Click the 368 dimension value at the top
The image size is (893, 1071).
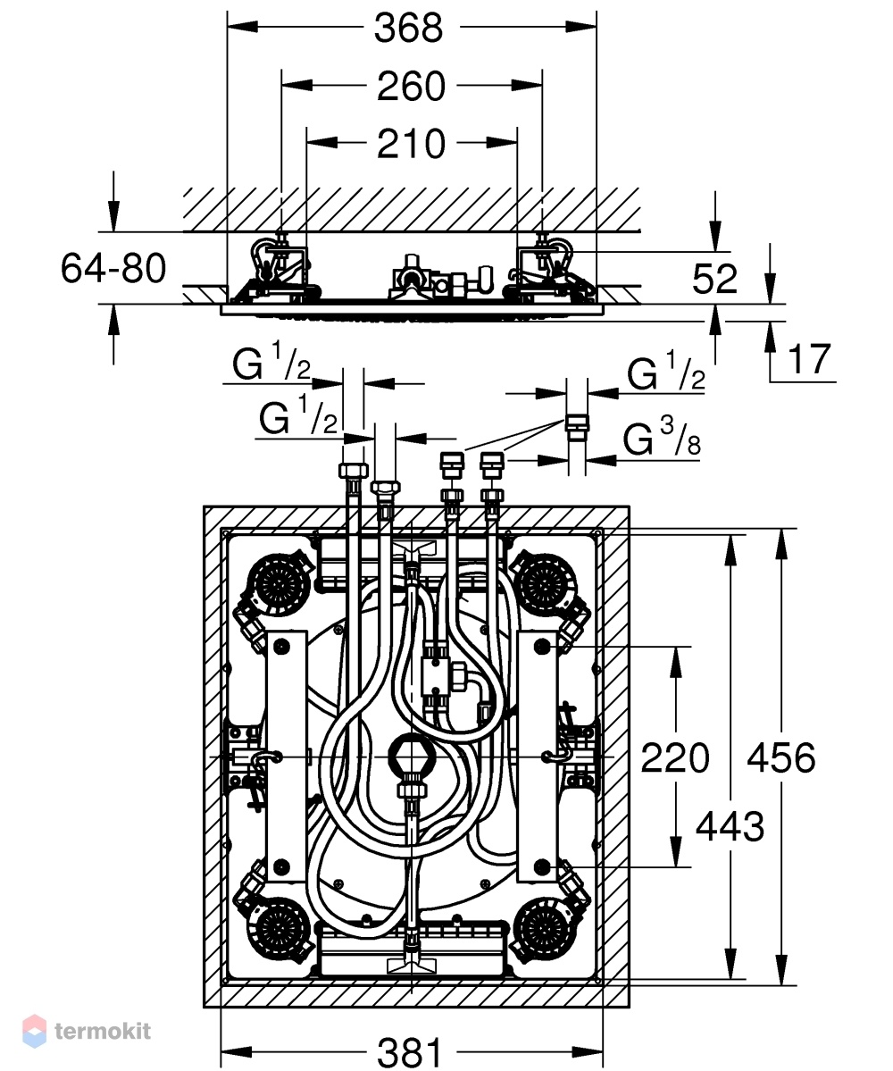408,28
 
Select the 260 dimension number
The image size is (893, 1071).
411,87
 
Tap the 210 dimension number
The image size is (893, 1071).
411,144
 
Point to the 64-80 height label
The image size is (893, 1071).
113,268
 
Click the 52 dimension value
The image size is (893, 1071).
714,279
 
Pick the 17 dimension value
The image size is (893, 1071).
810,359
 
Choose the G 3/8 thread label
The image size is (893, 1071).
662,438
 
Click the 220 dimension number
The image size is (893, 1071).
675,758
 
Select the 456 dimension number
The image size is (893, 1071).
781,758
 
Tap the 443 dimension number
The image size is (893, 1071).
730,827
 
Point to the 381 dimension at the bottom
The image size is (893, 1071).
410,1052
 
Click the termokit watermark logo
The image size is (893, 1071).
87,1031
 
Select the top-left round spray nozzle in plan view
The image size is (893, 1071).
280,582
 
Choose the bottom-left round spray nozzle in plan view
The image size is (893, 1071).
280,930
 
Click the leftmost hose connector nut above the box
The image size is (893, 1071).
353,471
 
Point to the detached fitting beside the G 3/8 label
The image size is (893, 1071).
577,423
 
